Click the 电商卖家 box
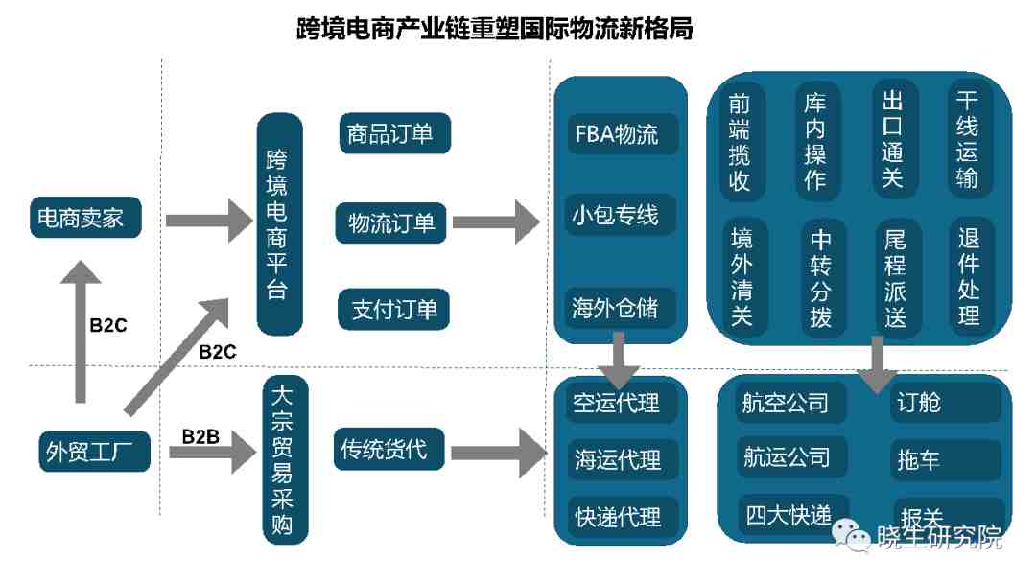[85, 218]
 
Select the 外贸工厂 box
[94, 452]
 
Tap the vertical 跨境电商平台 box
[279, 224]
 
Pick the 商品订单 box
[394, 133]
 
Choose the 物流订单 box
[391, 223]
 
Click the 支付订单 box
[393, 309]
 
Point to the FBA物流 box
[623, 134]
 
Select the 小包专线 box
[620, 215]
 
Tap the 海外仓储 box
[621, 308]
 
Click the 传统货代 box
[389, 449]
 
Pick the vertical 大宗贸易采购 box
[286, 459]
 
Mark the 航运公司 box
[791, 456]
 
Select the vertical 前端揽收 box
[742, 142]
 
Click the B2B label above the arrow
[200, 437]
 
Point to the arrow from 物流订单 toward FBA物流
[497, 222]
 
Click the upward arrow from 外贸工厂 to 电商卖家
[81, 331]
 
